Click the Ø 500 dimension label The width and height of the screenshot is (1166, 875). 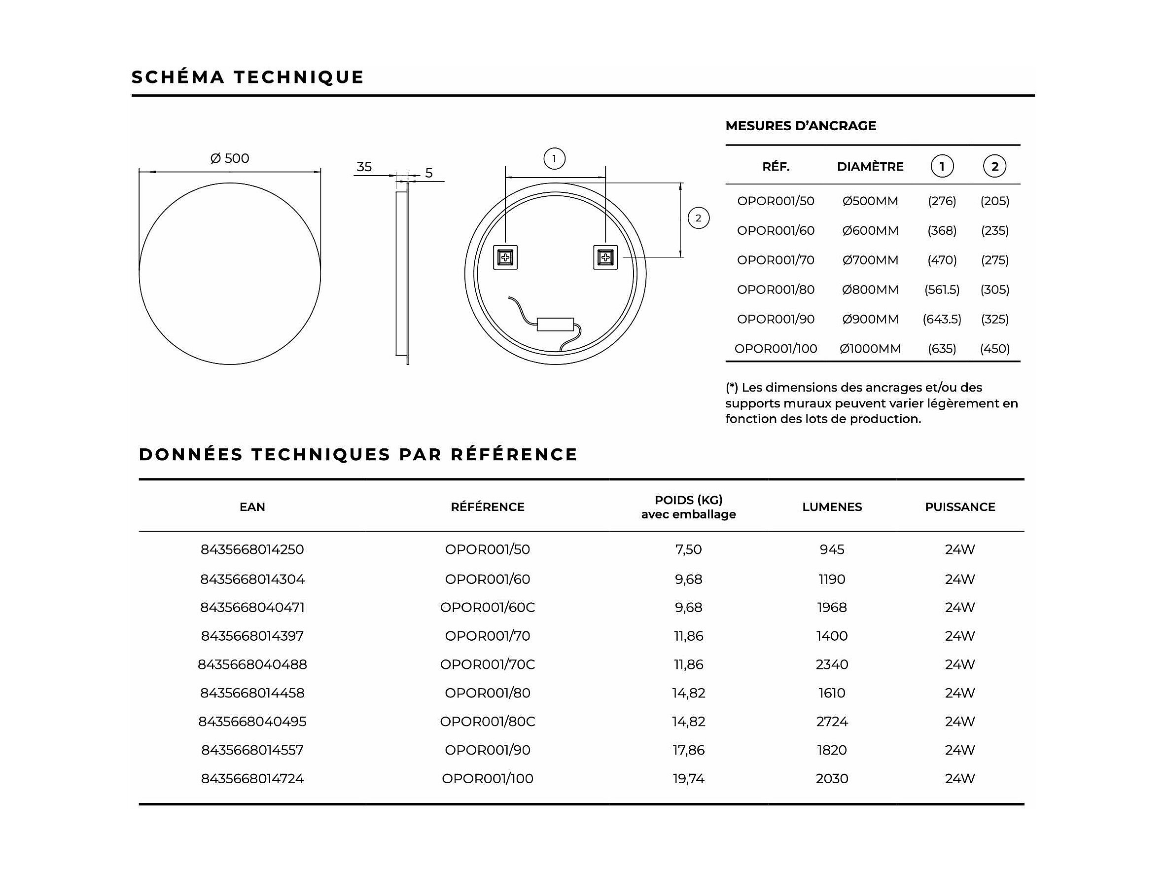(230, 158)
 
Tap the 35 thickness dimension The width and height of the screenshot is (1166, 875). (364, 167)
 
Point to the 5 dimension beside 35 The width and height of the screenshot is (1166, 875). (428, 173)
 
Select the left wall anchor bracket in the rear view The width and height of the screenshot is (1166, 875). (505, 257)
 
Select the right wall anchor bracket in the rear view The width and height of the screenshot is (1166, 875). (605, 257)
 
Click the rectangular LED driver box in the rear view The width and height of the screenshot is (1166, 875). (555, 325)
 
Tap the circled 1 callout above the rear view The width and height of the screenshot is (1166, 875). (554, 158)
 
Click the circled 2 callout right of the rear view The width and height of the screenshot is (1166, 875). (699, 218)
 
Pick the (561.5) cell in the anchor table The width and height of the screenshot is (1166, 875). (942, 290)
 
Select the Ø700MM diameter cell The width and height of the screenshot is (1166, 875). (870, 260)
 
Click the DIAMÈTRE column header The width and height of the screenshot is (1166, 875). (870, 167)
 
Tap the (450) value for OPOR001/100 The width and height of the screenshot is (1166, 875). (995, 349)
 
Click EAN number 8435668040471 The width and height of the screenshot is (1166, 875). (252, 608)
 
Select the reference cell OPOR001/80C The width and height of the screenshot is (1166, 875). (488, 722)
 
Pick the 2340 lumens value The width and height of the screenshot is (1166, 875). (832, 664)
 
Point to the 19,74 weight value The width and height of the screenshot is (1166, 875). (688, 778)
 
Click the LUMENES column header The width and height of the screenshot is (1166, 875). (832, 507)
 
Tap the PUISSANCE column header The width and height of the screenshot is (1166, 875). (960, 507)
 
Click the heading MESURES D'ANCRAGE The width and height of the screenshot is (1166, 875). (800, 125)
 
